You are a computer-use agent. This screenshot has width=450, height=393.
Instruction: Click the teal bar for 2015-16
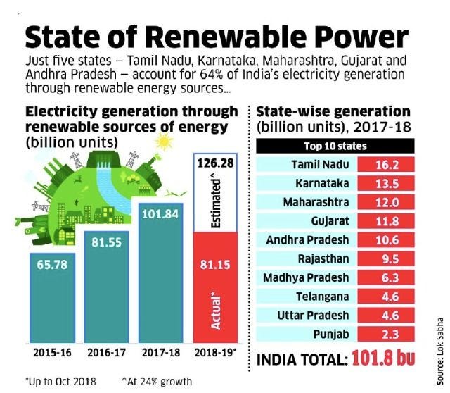53,298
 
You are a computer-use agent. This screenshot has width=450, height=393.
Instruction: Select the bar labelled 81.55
106,287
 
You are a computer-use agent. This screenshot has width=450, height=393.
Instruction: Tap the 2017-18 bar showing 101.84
161,273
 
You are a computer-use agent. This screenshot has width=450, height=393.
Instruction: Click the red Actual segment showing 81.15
215,287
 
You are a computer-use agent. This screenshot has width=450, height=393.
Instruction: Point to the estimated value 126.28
216,163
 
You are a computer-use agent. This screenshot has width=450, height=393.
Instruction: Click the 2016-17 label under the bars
106,352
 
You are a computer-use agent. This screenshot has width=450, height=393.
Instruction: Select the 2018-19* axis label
215,352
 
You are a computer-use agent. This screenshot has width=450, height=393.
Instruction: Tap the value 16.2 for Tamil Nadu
386,164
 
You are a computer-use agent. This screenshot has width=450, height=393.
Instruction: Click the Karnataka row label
322,183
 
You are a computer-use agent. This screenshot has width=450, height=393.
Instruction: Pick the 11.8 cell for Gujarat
386,221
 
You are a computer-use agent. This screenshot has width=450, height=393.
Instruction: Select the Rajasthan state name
323,258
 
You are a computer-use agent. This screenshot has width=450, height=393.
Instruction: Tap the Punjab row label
331,334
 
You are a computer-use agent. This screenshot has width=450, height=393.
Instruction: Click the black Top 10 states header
335,146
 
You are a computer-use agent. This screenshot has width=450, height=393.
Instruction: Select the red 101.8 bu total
383,358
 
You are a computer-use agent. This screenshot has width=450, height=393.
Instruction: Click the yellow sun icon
164,142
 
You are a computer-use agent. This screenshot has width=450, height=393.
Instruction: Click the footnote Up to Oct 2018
61,382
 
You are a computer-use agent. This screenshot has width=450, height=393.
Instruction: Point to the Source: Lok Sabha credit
439,351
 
